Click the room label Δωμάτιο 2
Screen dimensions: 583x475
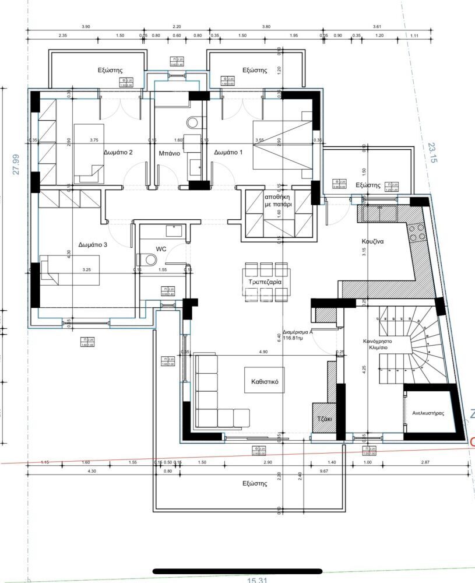(x=118, y=152)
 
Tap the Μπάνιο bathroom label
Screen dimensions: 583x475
(x=170, y=153)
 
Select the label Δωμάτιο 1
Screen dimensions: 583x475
(x=228, y=152)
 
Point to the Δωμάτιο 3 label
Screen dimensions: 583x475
(x=93, y=245)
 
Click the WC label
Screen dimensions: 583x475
(x=161, y=249)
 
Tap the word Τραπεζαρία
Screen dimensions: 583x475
(x=265, y=281)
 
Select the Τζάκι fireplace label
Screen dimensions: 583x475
(x=325, y=419)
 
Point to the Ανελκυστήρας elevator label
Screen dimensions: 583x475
(x=428, y=413)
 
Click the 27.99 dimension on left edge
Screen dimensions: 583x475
(x=17, y=164)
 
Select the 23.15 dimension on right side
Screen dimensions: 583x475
(x=432, y=154)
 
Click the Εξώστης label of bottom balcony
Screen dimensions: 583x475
(x=254, y=483)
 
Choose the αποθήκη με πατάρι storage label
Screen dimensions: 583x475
(x=277, y=201)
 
